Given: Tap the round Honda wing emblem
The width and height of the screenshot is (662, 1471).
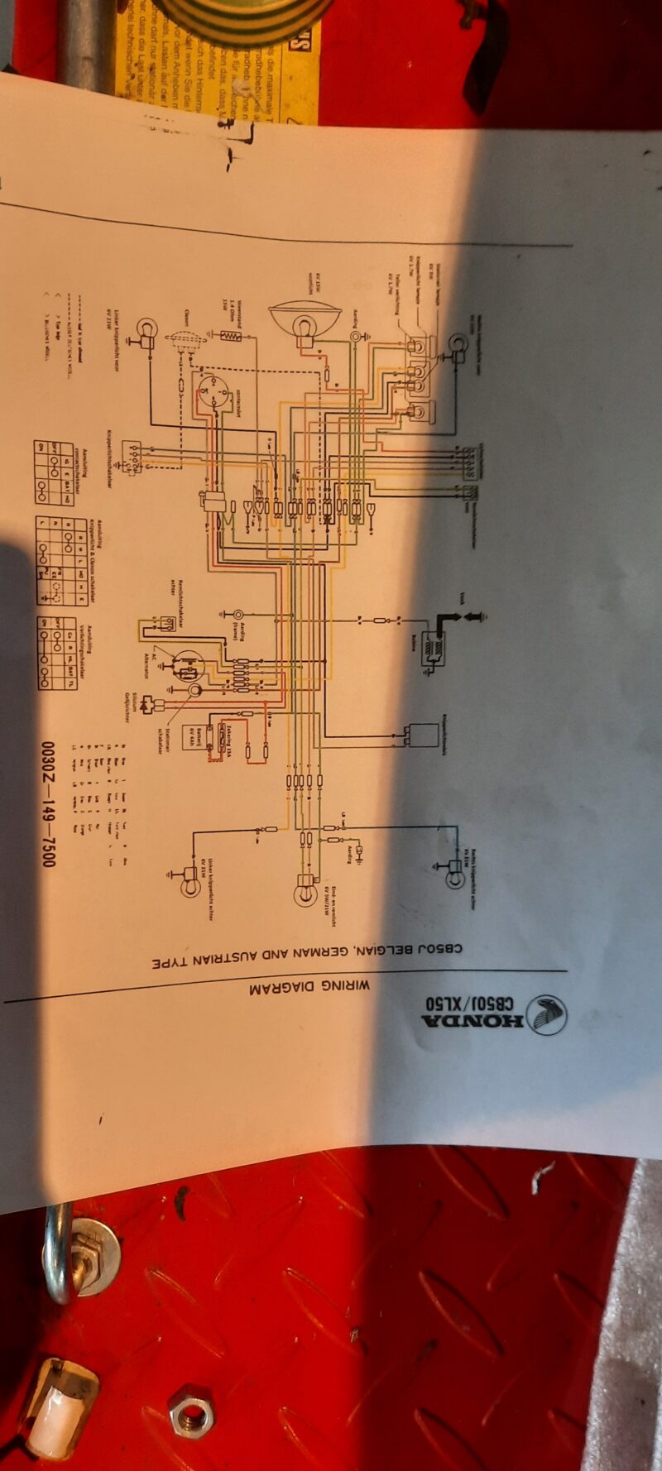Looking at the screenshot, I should (x=546, y=1014).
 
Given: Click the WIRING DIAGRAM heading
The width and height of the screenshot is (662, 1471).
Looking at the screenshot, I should (x=309, y=986).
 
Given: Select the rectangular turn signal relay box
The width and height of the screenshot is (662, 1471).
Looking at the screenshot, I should (x=420, y=733).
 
